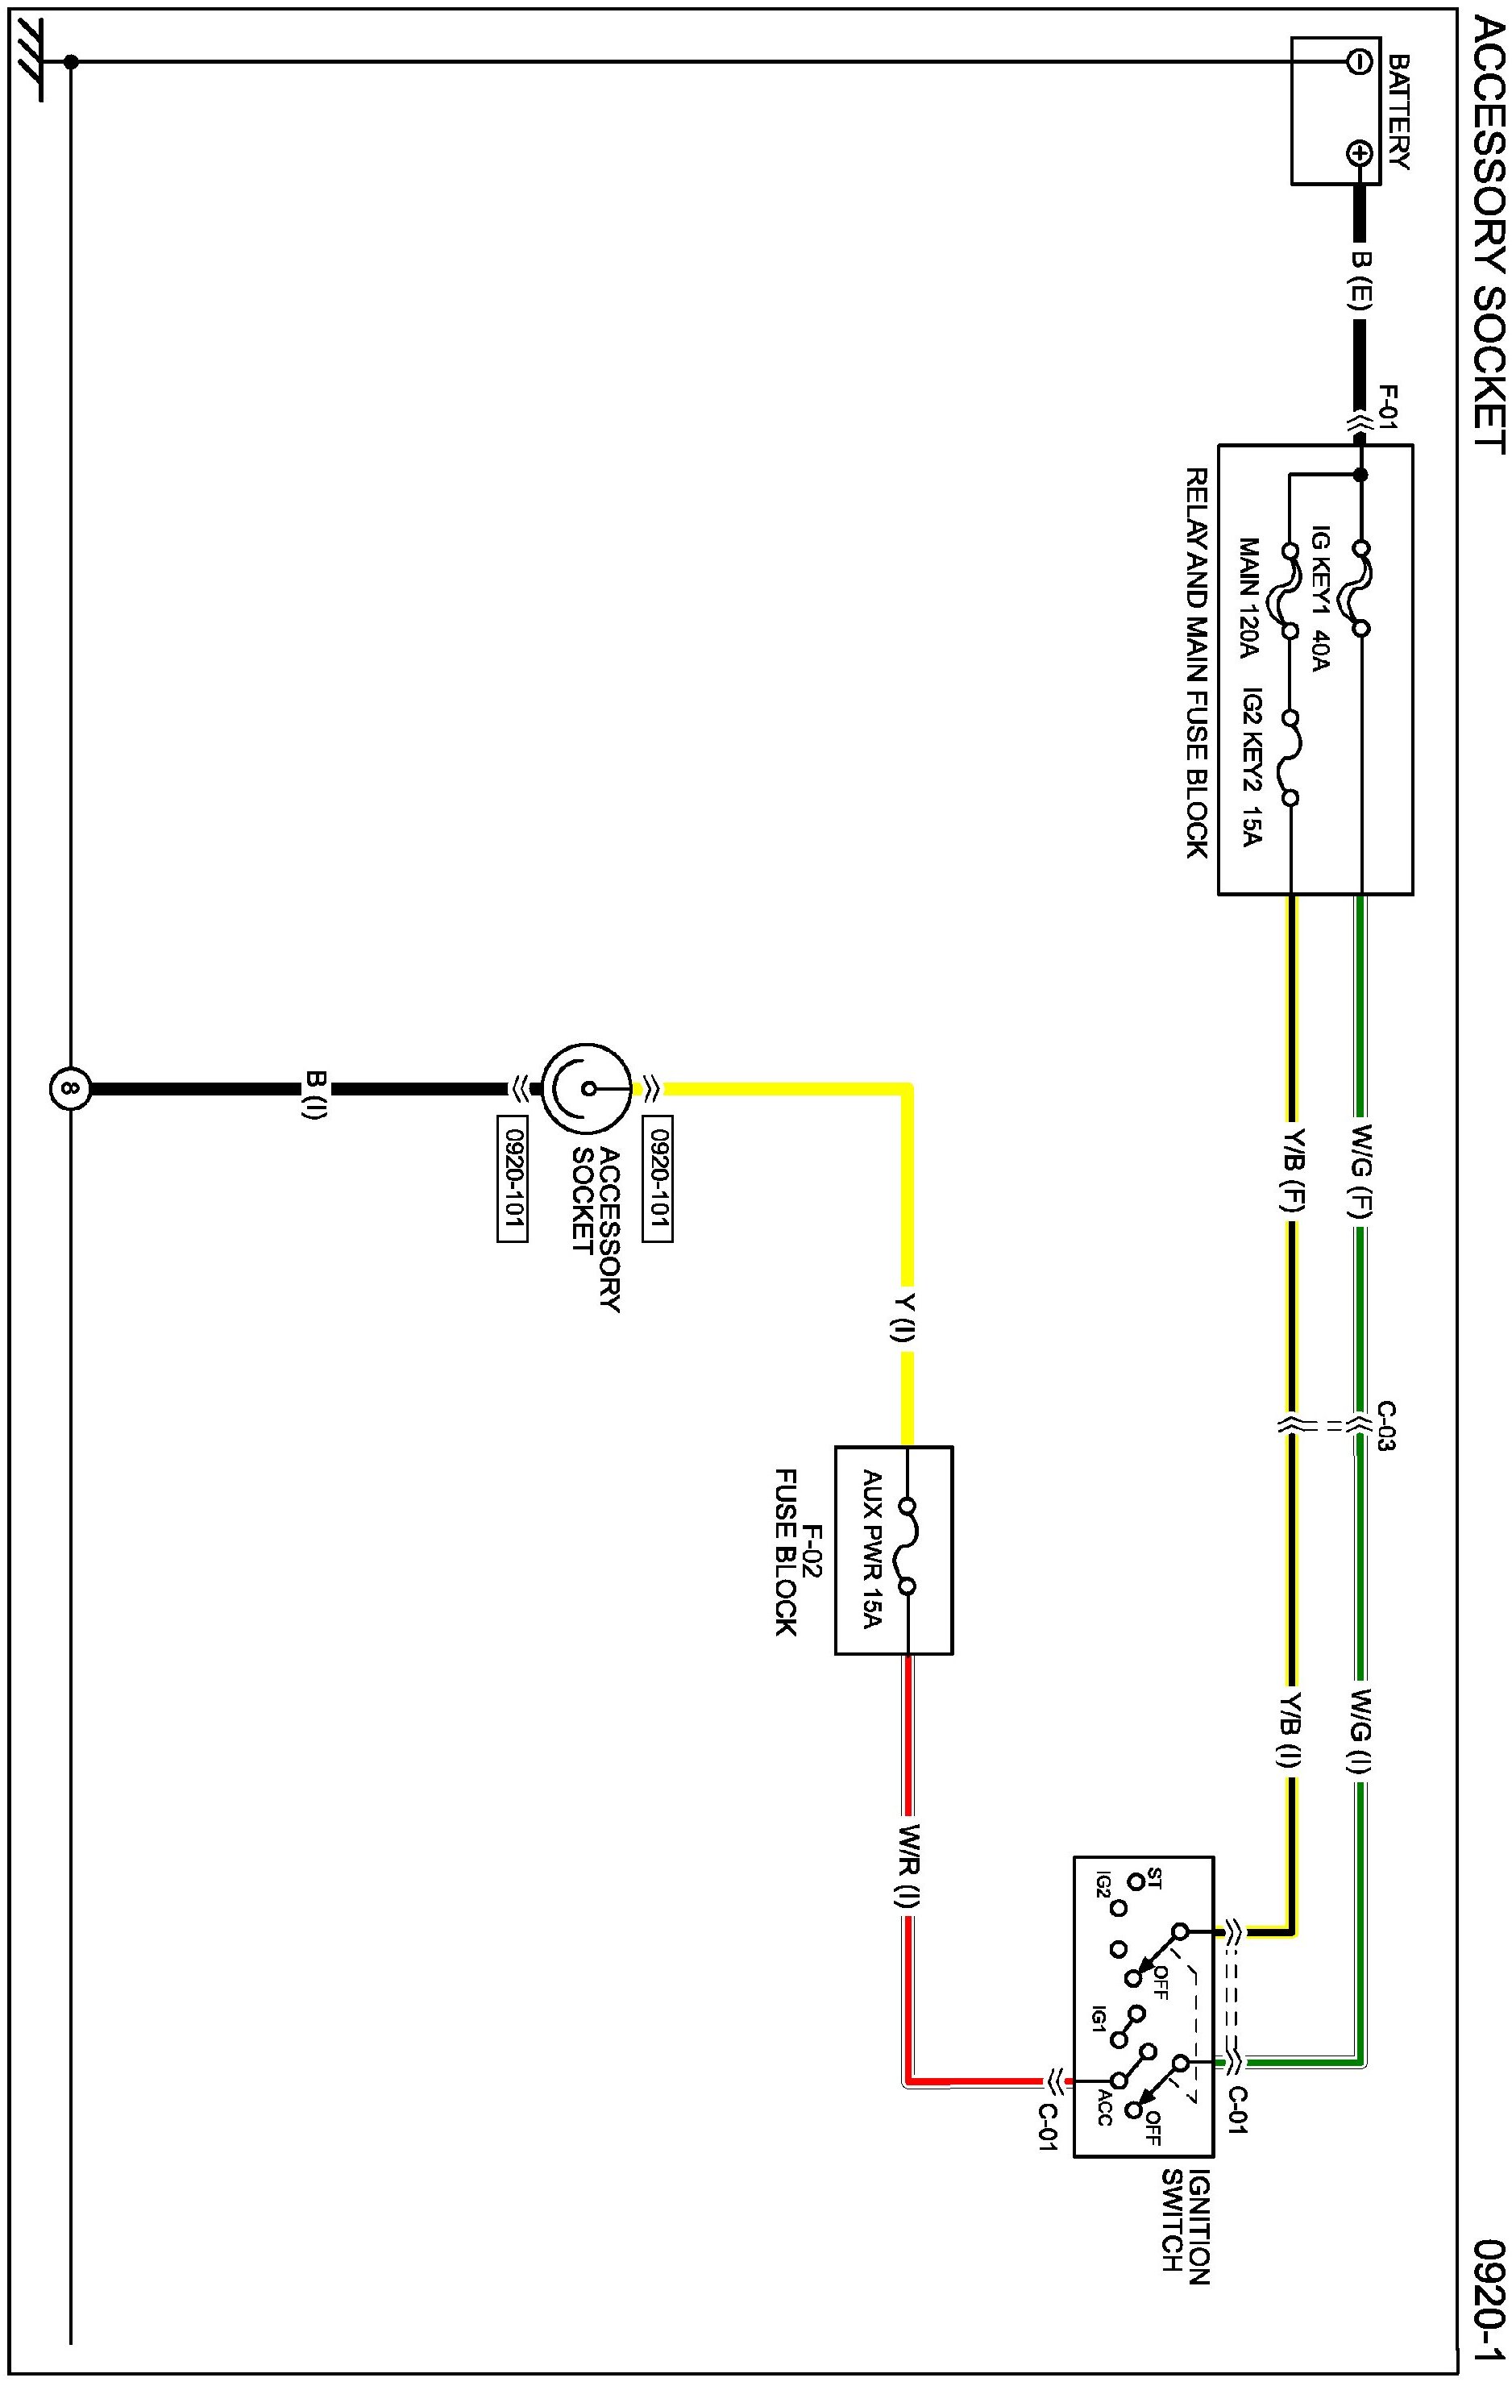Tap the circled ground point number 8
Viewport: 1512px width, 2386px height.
click(x=69, y=1088)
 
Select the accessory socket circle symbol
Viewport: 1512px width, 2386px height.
click(x=587, y=1088)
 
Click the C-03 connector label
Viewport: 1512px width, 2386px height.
click(x=1385, y=1427)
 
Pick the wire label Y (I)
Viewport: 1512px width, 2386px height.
click(x=904, y=1318)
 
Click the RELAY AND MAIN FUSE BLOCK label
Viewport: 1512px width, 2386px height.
click(x=1197, y=662)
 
